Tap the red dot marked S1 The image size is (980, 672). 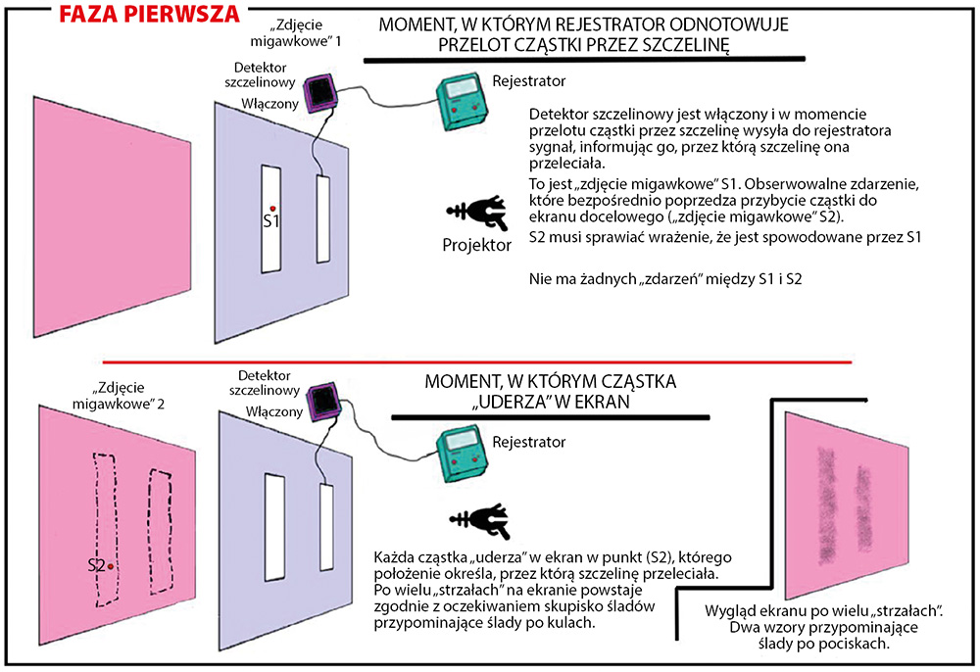coord(272,207)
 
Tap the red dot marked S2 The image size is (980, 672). coord(112,566)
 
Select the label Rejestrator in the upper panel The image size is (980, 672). coord(529,79)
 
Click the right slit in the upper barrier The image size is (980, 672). coord(322,220)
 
